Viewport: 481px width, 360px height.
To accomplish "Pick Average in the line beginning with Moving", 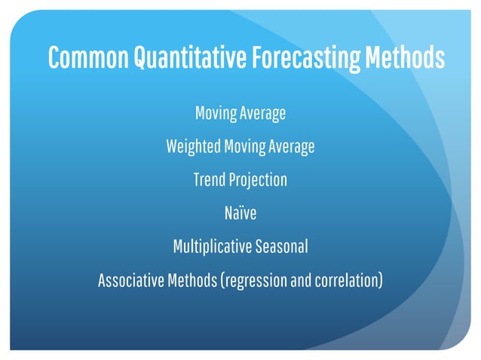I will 263,114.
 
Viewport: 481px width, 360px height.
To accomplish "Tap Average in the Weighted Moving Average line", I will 291,147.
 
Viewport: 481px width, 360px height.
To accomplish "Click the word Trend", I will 209,180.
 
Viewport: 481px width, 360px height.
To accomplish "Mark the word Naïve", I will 240,213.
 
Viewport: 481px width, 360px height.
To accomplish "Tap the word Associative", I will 130,280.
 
